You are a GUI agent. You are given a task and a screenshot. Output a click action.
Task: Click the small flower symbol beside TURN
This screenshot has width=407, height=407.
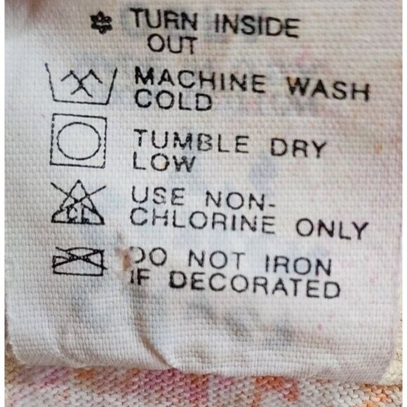pyautogui.click(x=102, y=24)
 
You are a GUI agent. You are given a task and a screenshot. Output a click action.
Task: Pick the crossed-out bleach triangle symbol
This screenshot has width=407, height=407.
pyautogui.click(x=78, y=202)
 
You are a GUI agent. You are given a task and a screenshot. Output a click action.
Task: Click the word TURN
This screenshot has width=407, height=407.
pyautogui.click(x=164, y=20)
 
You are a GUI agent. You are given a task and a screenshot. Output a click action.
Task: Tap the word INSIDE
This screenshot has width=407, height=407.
pyautogui.click(x=256, y=26)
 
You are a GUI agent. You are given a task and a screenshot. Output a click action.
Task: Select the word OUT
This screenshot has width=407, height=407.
pyautogui.click(x=171, y=44)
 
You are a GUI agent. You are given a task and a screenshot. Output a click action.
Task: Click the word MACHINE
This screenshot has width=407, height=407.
pyautogui.click(x=200, y=80)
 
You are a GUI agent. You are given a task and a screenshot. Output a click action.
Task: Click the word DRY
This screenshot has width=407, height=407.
pyautogui.click(x=298, y=147)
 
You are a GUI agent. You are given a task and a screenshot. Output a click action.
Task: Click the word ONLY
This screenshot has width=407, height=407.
pyautogui.click(x=332, y=229)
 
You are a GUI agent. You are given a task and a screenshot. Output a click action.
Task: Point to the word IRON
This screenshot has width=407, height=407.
pyautogui.click(x=298, y=265)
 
